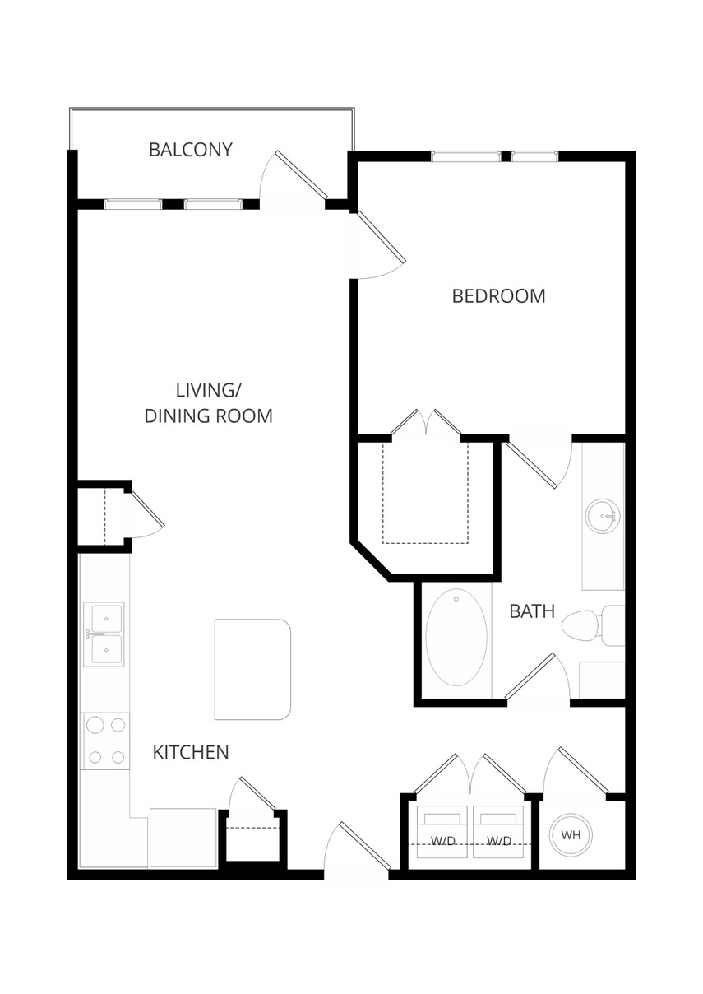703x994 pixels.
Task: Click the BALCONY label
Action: (x=191, y=150)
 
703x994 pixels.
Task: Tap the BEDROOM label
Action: (x=498, y=296)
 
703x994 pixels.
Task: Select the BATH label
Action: (x=532, y=611)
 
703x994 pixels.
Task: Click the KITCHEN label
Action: (x=191, y=752)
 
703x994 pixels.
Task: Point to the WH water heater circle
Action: (x=571, y=834)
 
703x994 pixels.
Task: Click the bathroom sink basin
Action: (x=603, y=516)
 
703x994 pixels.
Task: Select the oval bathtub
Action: (x=456, y=637)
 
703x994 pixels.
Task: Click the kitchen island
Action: (x=252, y=669)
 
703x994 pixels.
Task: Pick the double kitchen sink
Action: (x=104, y=634)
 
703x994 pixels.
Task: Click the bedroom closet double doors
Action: (x=426, y=424)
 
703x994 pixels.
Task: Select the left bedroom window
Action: (x=466, y=156)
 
